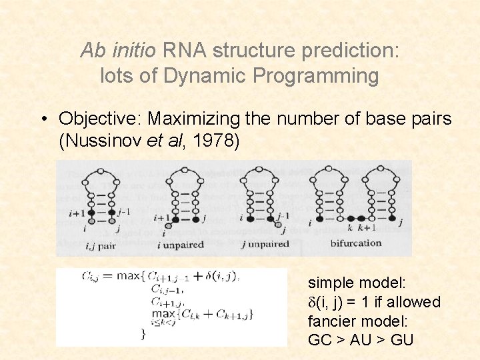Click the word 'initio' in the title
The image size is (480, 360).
click(136, 51)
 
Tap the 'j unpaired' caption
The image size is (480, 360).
click(265, 244)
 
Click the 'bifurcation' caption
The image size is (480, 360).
click(356, 243)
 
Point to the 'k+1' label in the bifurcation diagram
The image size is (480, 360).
click(367, 227)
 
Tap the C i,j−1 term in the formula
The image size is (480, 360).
click(165, 289)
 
